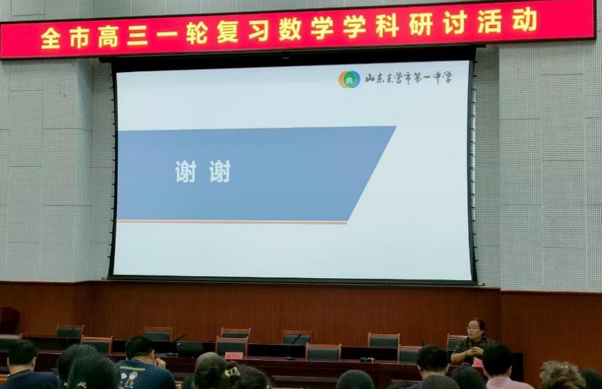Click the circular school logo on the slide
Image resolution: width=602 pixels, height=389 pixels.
(x=349, y=79)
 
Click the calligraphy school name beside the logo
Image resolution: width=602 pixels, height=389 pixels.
(x=408, y=78)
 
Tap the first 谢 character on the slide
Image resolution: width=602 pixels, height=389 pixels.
(x=186, y=171)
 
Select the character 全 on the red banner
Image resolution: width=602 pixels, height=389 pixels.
(x=50, y=38)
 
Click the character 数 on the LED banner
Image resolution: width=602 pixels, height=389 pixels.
(x=290, y=29)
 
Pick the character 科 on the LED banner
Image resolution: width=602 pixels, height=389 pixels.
(x=387, y=26)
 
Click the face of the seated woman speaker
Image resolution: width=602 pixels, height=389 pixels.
(x=474, y=329)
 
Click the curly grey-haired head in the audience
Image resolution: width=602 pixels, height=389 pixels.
(x=560, y=375)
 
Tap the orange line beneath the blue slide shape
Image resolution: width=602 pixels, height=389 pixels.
(x=232, y=222)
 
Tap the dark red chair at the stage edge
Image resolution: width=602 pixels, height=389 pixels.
(x=9, y=320)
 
